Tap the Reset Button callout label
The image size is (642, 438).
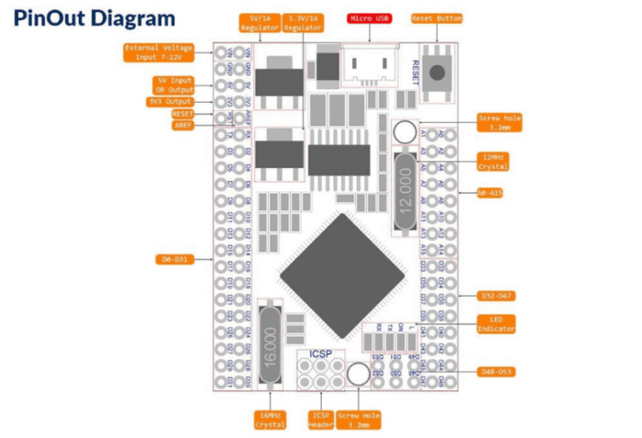pyautogui.click(x=437, y=18)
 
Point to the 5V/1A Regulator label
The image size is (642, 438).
pyautogui.click(x=260, y=23)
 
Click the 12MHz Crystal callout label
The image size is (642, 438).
pyautogui.click(x=494, y=163)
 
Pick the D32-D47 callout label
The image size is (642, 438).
pyautogui.click(x=496, y=296)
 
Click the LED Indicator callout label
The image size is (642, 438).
pyautogui.click(x=496, y=323)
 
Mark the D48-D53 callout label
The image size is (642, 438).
pyautogui.click(x=496, y=372)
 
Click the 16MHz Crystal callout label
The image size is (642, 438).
pyautogui.click(x=270, y=420)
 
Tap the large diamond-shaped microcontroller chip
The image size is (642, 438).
pyautogui.click(x=341, y=263)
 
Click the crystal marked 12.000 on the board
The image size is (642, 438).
pyautogui.click(x=405, y=192)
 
